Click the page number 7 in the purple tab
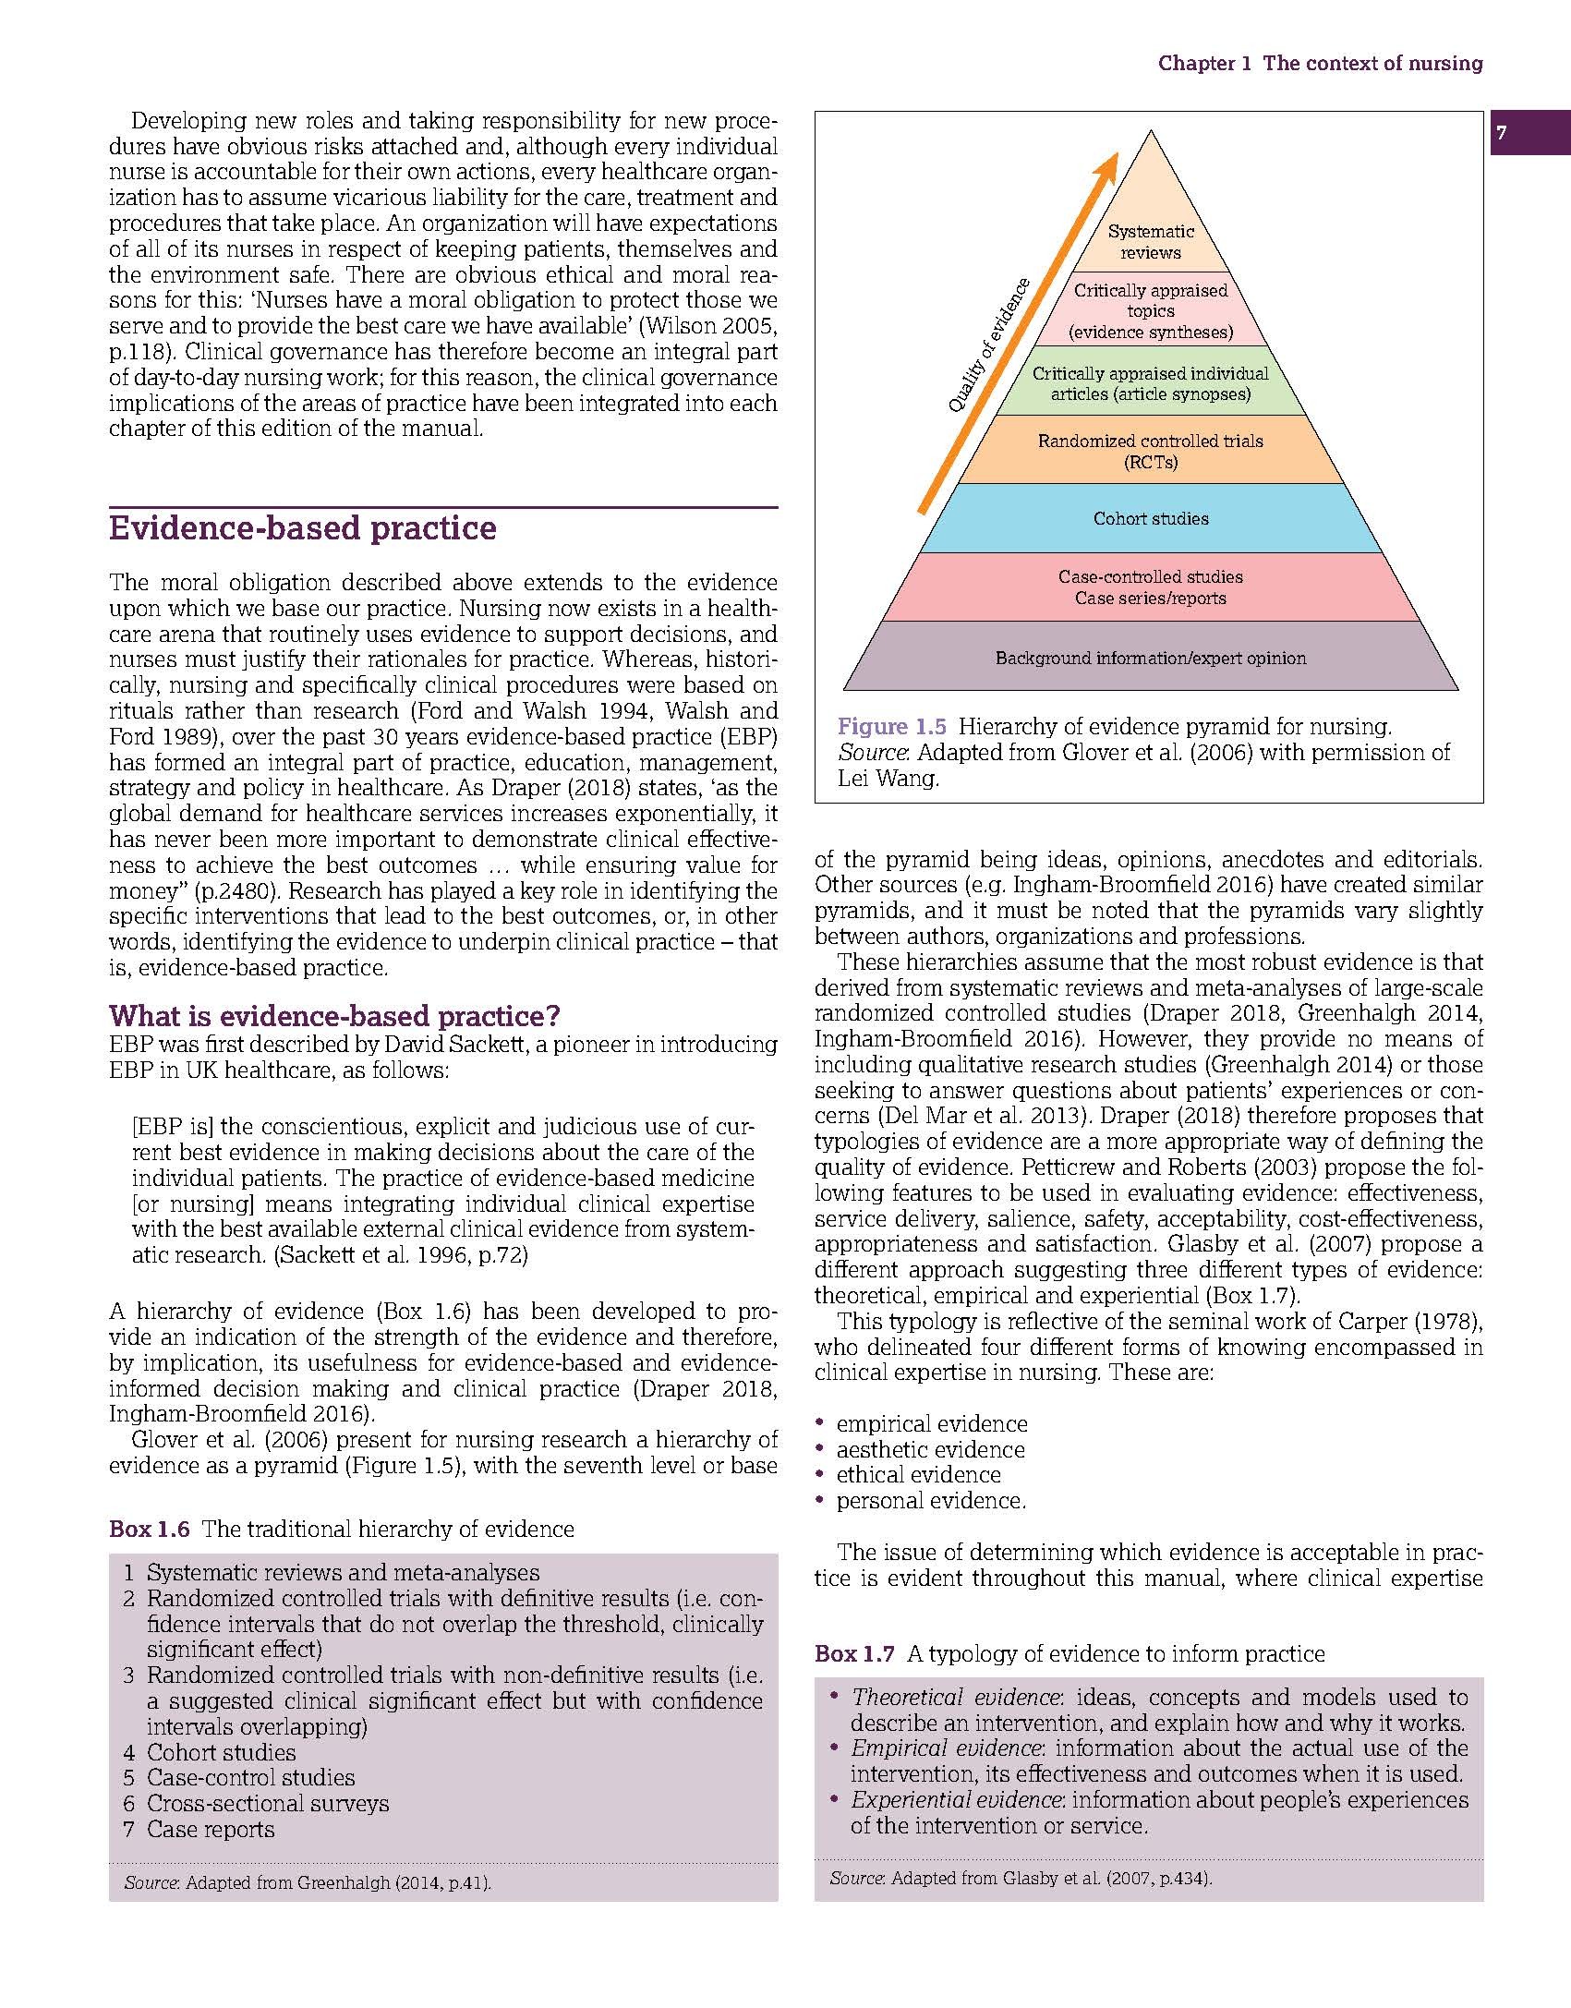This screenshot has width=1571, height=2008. click(1502, 133)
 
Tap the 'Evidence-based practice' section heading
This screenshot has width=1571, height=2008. click(303, 528)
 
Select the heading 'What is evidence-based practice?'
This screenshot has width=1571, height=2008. click(334, 1016)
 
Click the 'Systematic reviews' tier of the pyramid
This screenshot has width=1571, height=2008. click(1151, 242)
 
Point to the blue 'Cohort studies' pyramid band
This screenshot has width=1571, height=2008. click(1151, 518)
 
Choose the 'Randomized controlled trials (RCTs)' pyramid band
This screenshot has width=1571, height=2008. click(1151, 451)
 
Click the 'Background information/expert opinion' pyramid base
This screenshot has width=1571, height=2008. click(1151, 658)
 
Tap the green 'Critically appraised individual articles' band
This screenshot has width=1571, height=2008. click(1151, 383)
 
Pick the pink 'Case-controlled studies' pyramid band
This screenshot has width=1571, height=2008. click(1151, 587)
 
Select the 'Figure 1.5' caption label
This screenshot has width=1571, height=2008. click(891, 726)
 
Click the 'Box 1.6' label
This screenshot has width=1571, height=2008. click(149, 1529)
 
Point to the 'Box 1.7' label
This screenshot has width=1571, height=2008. click(854, 1653)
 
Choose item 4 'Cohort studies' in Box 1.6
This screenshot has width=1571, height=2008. click(222, 1752)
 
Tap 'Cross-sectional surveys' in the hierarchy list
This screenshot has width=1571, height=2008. click(268, 1803)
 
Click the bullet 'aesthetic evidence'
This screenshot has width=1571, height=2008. click(930, 1449)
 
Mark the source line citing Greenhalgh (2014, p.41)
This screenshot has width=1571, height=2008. click(308, 1882)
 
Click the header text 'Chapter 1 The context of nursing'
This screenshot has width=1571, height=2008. click(1321, 63)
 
